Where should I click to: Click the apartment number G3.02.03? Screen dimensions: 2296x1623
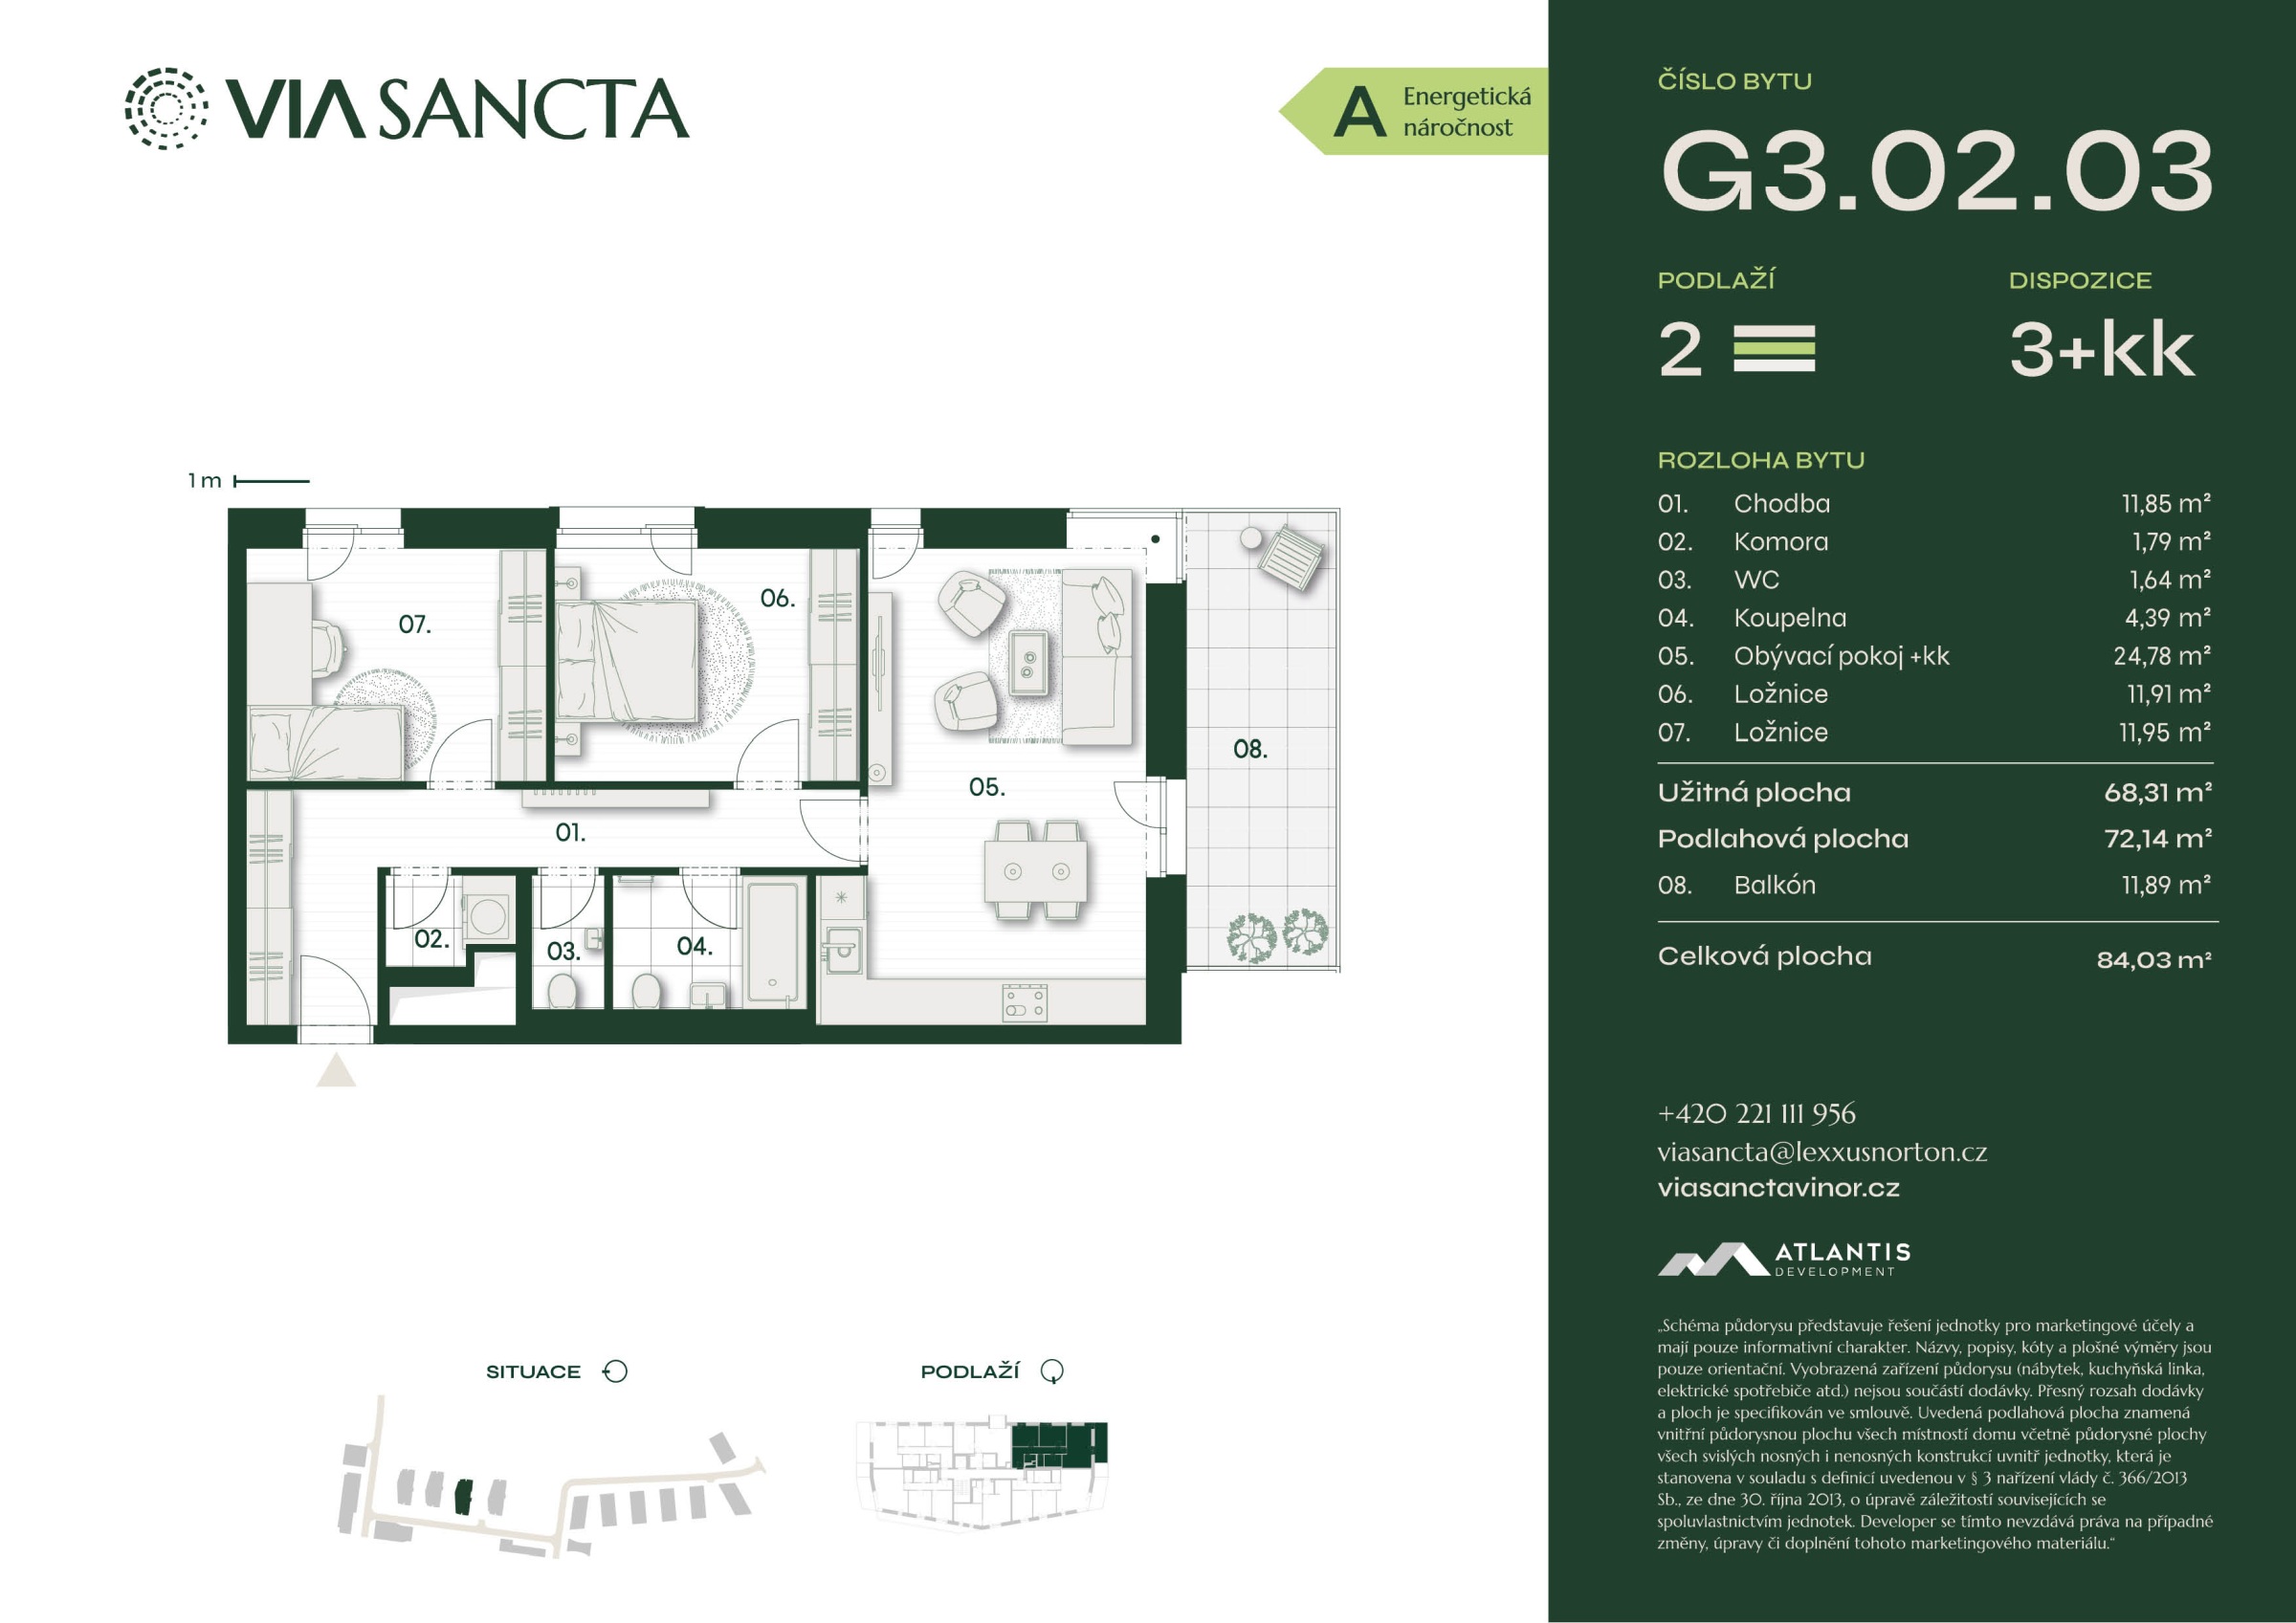[1937, 171]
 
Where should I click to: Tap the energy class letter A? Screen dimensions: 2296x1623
[1360, 112]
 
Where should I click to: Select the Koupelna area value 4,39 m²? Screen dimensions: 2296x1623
[2167, 618]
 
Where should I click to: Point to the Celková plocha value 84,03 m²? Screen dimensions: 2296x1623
[2154, 960]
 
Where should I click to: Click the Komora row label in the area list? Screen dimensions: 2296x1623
[1781, 542]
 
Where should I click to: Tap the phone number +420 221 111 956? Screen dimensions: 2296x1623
[1756, 1113]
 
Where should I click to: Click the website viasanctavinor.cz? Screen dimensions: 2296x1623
[1778, 1188]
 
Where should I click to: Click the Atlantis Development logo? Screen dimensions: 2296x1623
[1785, 1259]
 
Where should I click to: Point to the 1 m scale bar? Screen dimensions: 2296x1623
[271, 481]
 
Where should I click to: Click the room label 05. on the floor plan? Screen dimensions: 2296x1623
[987, 787]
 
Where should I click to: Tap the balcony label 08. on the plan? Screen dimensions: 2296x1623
[1250, 749]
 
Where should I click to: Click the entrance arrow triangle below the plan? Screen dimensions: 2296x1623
[336, 1070]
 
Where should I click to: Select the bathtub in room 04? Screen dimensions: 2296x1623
[774, 941]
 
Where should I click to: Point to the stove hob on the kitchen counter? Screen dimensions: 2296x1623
[1025, 1003]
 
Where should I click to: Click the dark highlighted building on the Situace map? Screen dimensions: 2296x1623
[463, 1497]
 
